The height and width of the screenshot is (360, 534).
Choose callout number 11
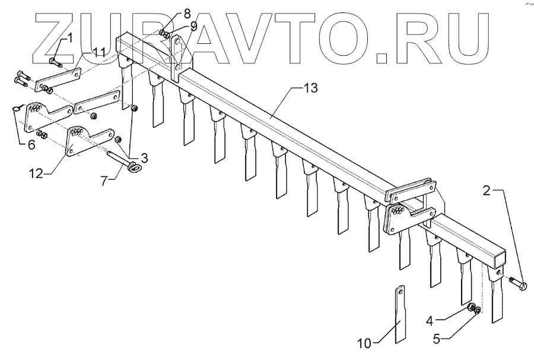[98, 53]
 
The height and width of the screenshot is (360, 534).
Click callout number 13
[310, 88]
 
